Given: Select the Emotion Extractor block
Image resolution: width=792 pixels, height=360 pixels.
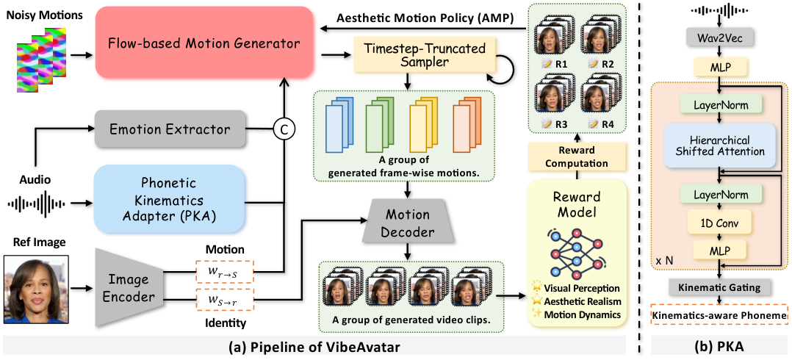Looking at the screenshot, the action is tap(170, 131).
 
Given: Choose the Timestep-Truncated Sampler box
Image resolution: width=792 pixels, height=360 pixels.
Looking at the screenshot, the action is tap(421, 56).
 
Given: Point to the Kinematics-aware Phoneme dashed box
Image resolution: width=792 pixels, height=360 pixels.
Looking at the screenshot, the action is tap(719, 316).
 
